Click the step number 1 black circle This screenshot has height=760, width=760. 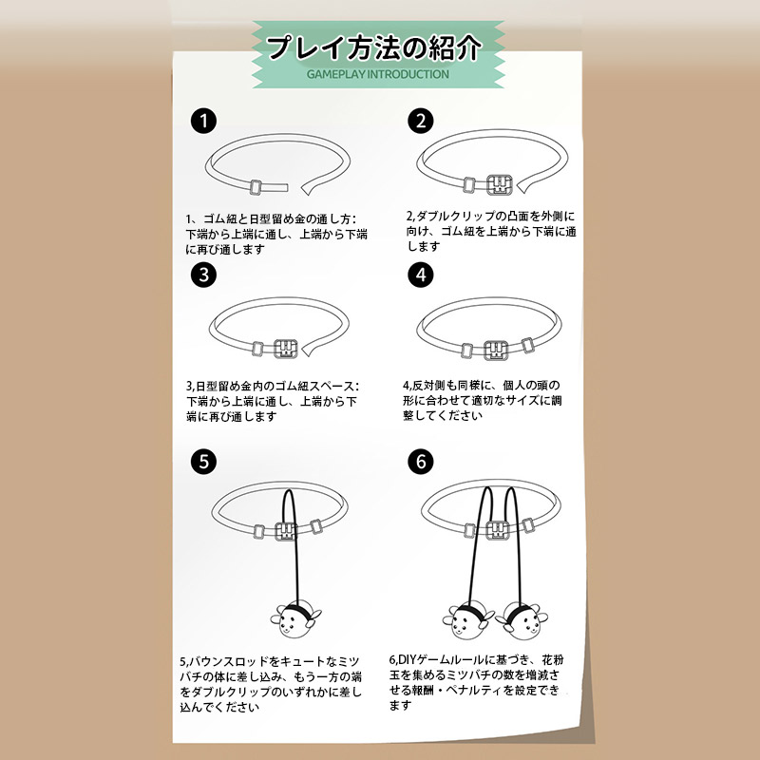point(203,121)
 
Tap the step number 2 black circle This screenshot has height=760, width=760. point(420,121)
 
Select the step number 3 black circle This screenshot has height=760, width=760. point(203,275)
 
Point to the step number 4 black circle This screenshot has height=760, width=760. point(420,275)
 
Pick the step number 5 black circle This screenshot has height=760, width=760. point(203,462)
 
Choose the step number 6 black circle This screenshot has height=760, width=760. point(420,462)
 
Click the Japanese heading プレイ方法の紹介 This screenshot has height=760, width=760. point(374,48)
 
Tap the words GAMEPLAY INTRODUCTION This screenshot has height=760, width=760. point(378,74)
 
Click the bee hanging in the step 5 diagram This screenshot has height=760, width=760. point(295,619)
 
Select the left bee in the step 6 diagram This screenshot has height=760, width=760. point(466,621)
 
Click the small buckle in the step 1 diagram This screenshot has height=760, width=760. point(256,187)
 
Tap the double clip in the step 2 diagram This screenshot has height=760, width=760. point(500,184)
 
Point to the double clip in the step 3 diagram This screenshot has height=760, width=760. point(286,349)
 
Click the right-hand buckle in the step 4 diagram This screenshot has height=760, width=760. point(528,345)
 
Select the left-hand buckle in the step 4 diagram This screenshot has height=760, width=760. point(467,351)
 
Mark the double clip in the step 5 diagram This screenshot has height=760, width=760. point(286,531)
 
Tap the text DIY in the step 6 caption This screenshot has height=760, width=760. point(407,659)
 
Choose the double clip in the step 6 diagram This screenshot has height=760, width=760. point(497,530)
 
